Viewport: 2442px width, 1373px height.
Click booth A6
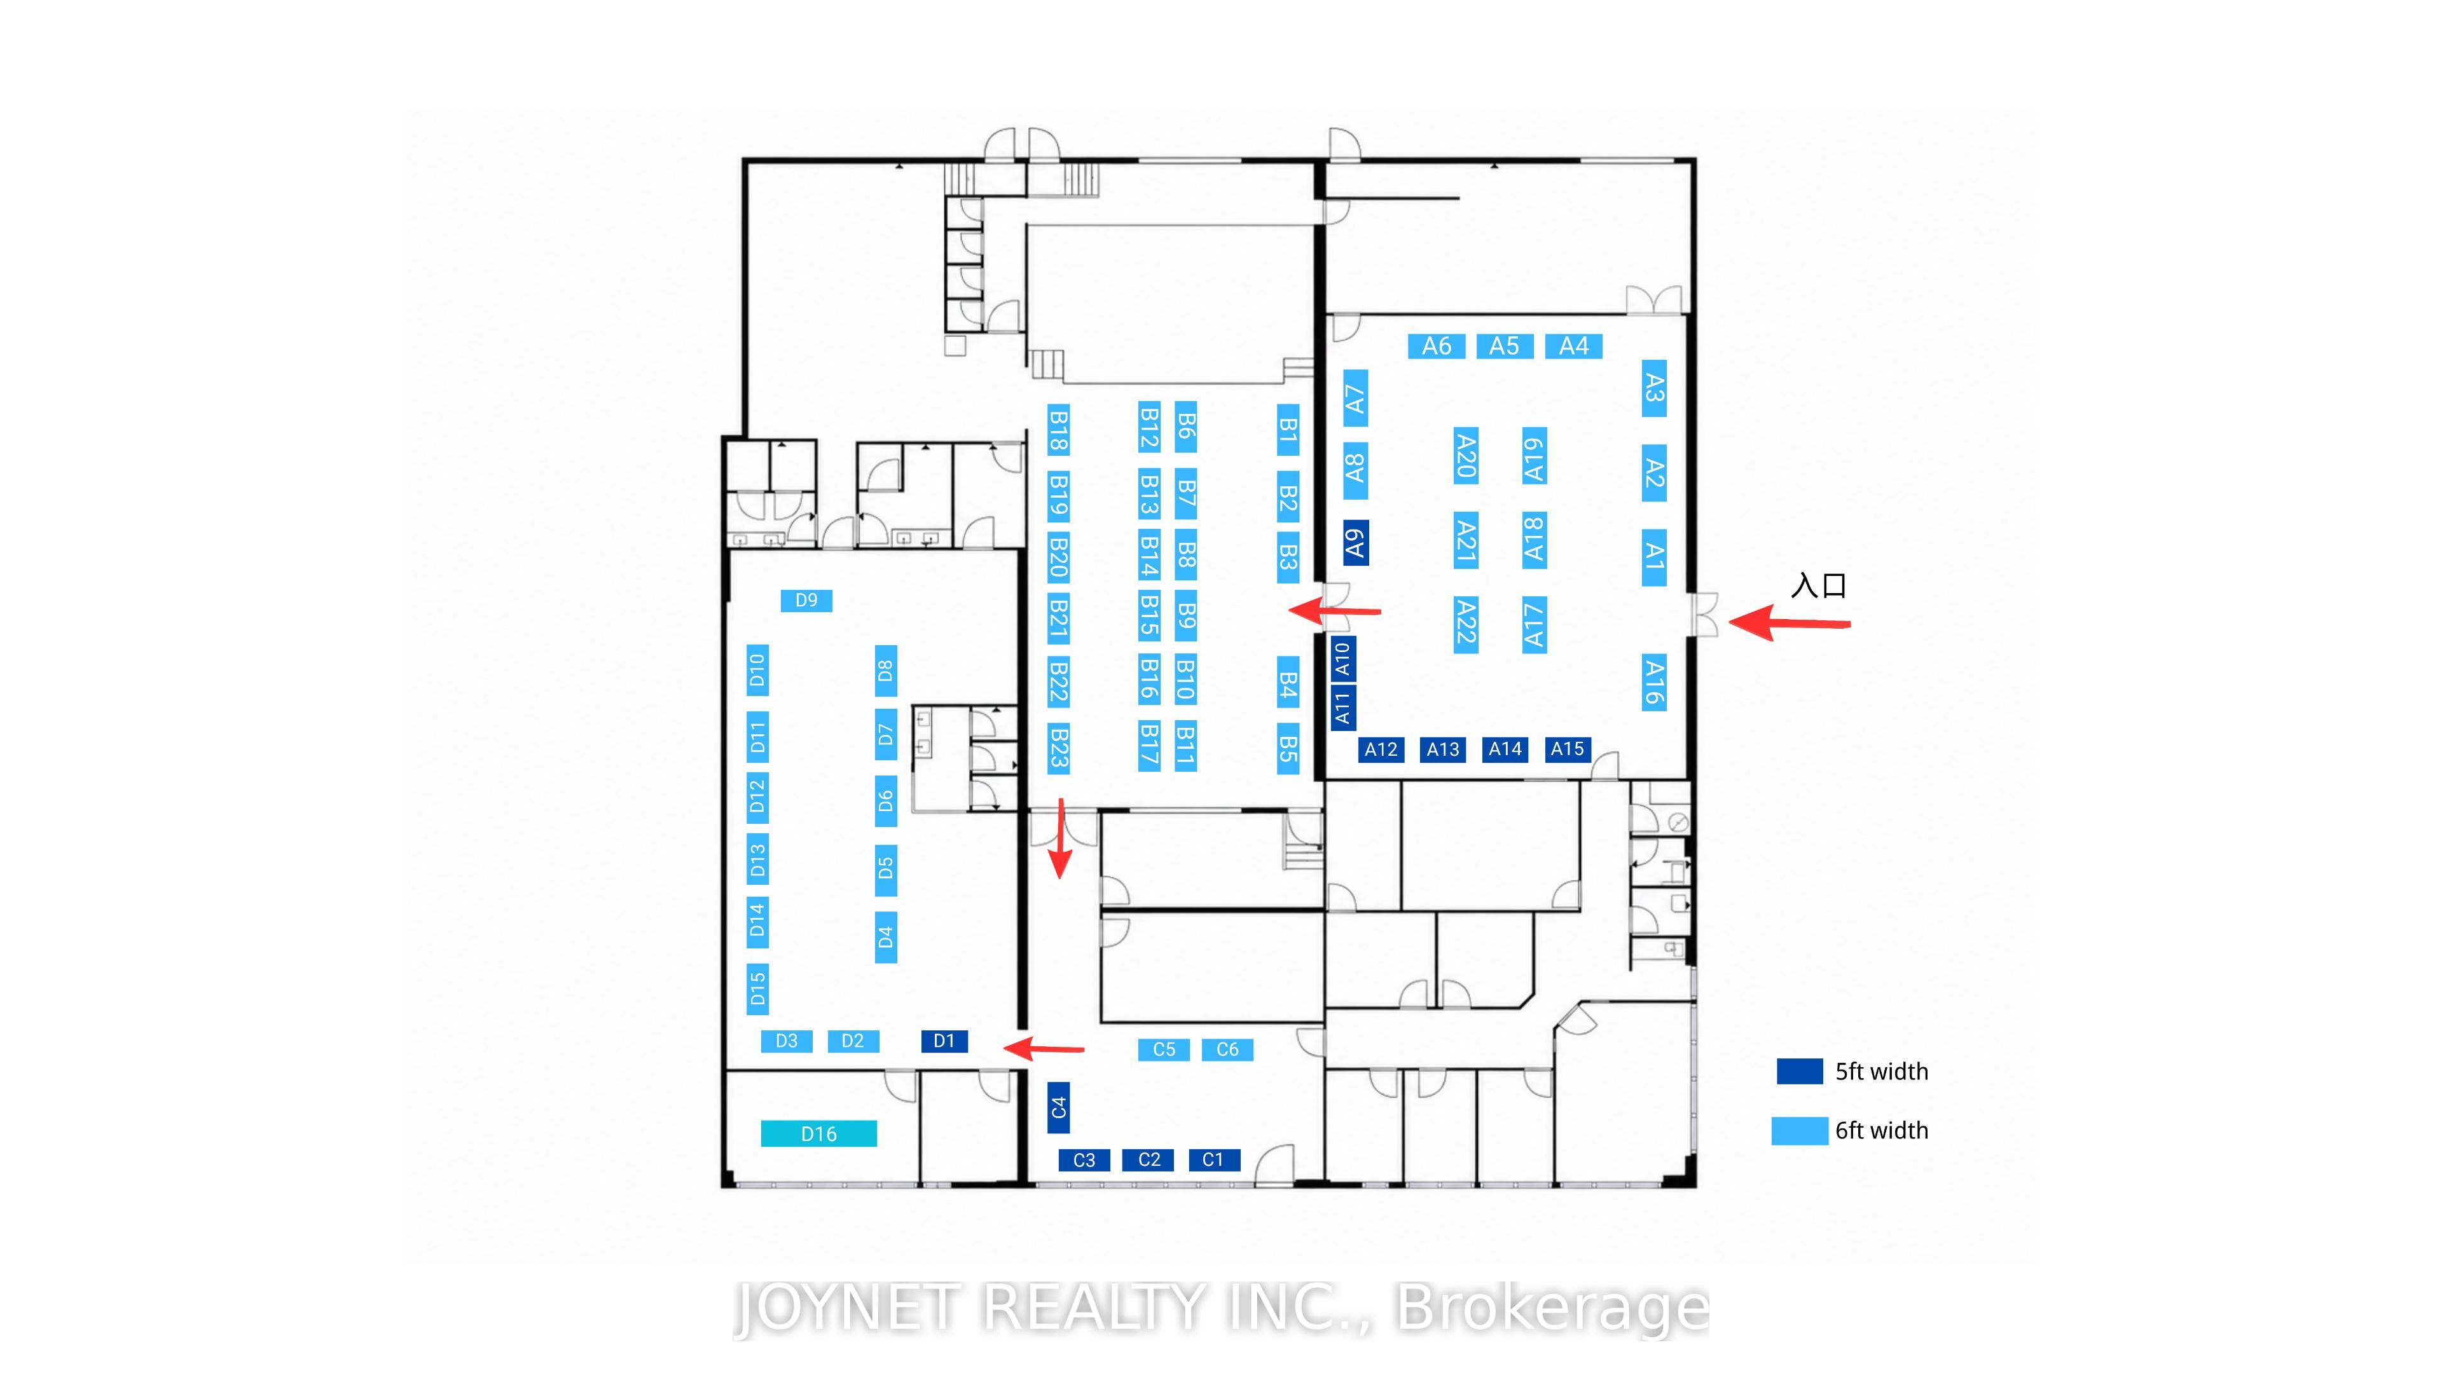[x=1436, y=346]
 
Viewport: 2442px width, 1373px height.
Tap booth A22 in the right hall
[x=1466, y=622]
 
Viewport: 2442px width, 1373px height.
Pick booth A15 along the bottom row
[x=1567, y=749]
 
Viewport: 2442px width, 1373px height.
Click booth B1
[x=1287, y=430]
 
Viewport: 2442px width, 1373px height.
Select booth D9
[x=806, y=600]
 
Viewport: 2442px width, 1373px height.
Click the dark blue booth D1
[x=944, y=1041]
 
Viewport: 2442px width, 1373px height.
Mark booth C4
[x=1059, y=1108]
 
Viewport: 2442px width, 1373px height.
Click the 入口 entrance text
[x=1818, y=585]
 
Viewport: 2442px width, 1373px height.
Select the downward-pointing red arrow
[x=1060, y=838]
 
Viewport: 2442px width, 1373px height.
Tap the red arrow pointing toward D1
[x=1043, y=1048]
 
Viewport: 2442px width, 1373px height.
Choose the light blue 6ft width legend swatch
[x=1799, y=1130]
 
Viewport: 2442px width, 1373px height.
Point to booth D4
[x=885, y=937]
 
